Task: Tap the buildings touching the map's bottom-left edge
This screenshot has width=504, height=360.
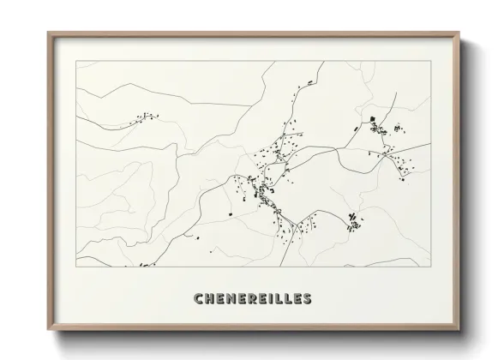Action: pos(144,265)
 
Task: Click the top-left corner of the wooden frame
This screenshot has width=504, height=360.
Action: pos(48,33)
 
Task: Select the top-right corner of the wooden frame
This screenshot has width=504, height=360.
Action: pos(460,33)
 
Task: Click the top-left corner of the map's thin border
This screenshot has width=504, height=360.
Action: pos(76,61)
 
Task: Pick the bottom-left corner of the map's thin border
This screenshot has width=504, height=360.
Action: pos(76,267)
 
